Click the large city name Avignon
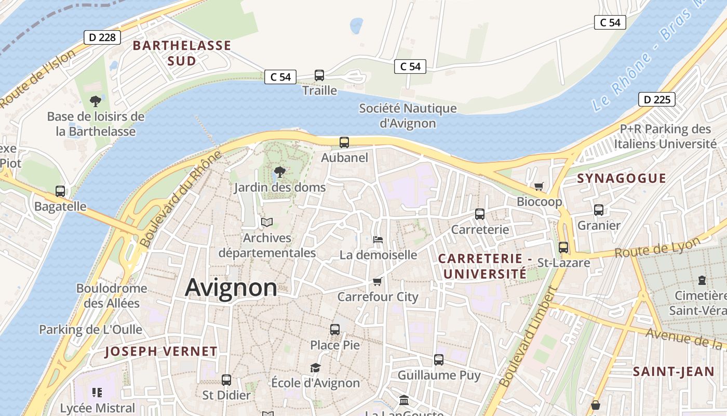coord(231,288)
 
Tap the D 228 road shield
coord(102,37)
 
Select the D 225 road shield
coord(656,99)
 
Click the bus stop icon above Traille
coord(319,75)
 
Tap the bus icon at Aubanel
coord(344,142)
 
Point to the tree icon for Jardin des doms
coord(279,172)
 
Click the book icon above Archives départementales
coord(267,223)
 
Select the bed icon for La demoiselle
coord(378,240)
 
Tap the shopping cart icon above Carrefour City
coord(378,282)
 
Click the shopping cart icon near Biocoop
coord(539,186)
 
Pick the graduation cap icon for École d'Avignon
coord(315,368)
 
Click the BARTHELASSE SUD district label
coord(182,53)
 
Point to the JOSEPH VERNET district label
coord(161,352)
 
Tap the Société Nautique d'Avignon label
coord(408,116)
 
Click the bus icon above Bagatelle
coord(60,191)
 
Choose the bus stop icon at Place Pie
coord(335,330)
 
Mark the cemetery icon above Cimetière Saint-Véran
coord(702,280)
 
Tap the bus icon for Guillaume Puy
coord(439,360)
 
